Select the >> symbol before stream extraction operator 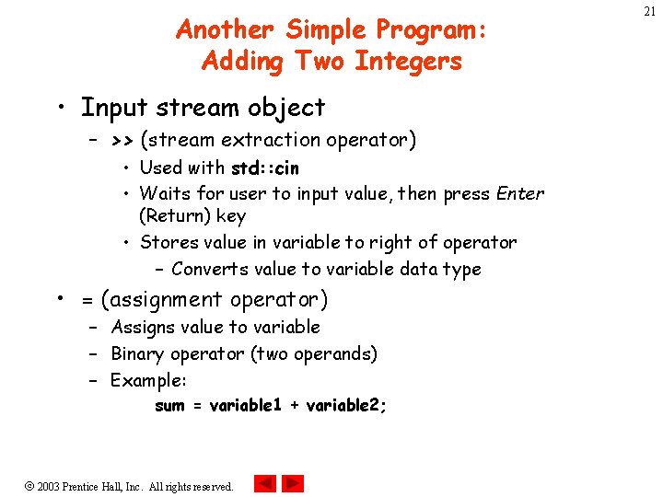[122, 140]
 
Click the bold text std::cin [264, 168]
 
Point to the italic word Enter [519, 194]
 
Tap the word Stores [167, 243]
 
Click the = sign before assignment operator [87, 300]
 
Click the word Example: [148, 380]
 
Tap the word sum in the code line [169, 406]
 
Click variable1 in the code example [246, 406]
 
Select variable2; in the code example [346, 406]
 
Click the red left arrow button [265, 483]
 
